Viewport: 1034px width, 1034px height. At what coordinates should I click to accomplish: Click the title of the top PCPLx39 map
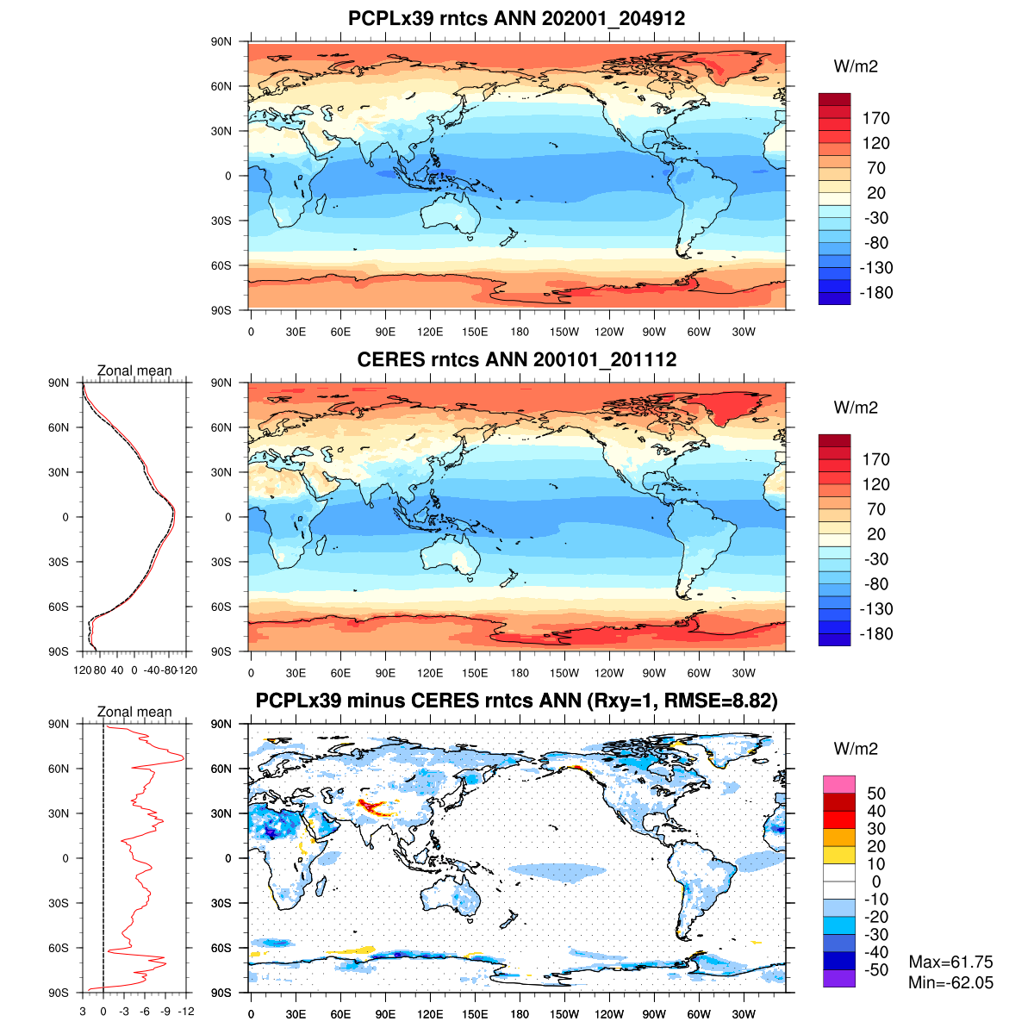[x=516, y=18]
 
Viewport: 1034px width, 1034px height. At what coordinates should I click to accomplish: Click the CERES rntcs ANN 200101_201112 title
[x=516, y=359]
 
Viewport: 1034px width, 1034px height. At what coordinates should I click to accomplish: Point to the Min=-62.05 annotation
[x=950, y=982]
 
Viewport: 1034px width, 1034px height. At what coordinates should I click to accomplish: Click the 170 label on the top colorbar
[x=876, y=119]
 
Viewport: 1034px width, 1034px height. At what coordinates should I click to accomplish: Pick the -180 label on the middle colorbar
[x=876, y=634]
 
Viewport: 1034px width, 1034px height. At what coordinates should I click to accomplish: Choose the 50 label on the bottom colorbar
[x=876, y=794]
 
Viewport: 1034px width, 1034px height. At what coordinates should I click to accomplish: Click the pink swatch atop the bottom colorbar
[x=839, y=784]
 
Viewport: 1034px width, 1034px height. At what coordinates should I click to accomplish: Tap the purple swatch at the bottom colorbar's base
[x=839, y=979]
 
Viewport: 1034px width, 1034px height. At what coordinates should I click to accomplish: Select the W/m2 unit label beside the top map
[x=856, y=67]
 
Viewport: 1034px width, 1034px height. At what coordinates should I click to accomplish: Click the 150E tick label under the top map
[x=475, y=332]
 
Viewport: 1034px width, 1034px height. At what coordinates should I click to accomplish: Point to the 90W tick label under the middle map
[x=654, y=673]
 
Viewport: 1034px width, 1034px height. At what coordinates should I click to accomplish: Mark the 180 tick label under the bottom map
[x=520, y=1014]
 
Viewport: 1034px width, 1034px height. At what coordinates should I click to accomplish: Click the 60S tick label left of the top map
[x=221, y=265]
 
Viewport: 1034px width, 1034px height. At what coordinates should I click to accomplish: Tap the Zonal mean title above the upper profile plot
[x=134, y=371]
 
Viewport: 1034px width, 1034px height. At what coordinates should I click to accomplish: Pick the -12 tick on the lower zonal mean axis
[x=186, y=1012]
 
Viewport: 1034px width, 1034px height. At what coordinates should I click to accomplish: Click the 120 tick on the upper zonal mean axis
[x=83, y=670]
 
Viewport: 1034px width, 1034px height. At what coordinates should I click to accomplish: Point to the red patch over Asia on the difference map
[x=374, y=807]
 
